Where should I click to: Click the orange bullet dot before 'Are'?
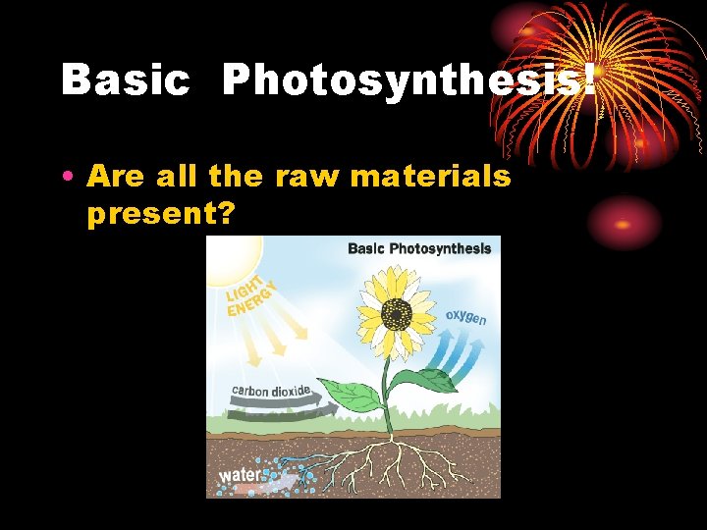click(65, 178)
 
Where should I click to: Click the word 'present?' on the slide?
click(161, 213)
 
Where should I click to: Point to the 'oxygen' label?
click(465, 318)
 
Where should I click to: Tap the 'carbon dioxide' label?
click(271, 391)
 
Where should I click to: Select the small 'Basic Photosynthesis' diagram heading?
click(419, 248)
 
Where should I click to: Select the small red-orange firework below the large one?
click(625, 222)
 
